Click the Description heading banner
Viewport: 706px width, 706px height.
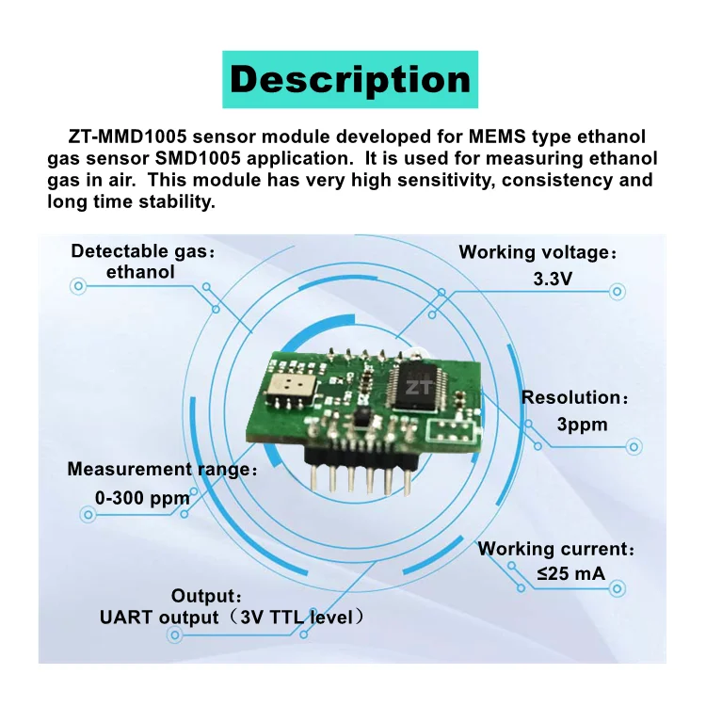point(350,79)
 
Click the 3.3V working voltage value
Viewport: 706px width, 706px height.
point(554,281)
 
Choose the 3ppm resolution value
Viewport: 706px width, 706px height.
point(582,425)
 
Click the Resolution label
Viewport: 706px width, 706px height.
point(574,397)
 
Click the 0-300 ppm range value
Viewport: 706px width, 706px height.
point(142,496)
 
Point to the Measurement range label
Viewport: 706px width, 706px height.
point(161,469)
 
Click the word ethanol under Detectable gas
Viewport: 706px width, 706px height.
point(140,272)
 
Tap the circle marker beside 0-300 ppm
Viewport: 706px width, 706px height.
point(88,515)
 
